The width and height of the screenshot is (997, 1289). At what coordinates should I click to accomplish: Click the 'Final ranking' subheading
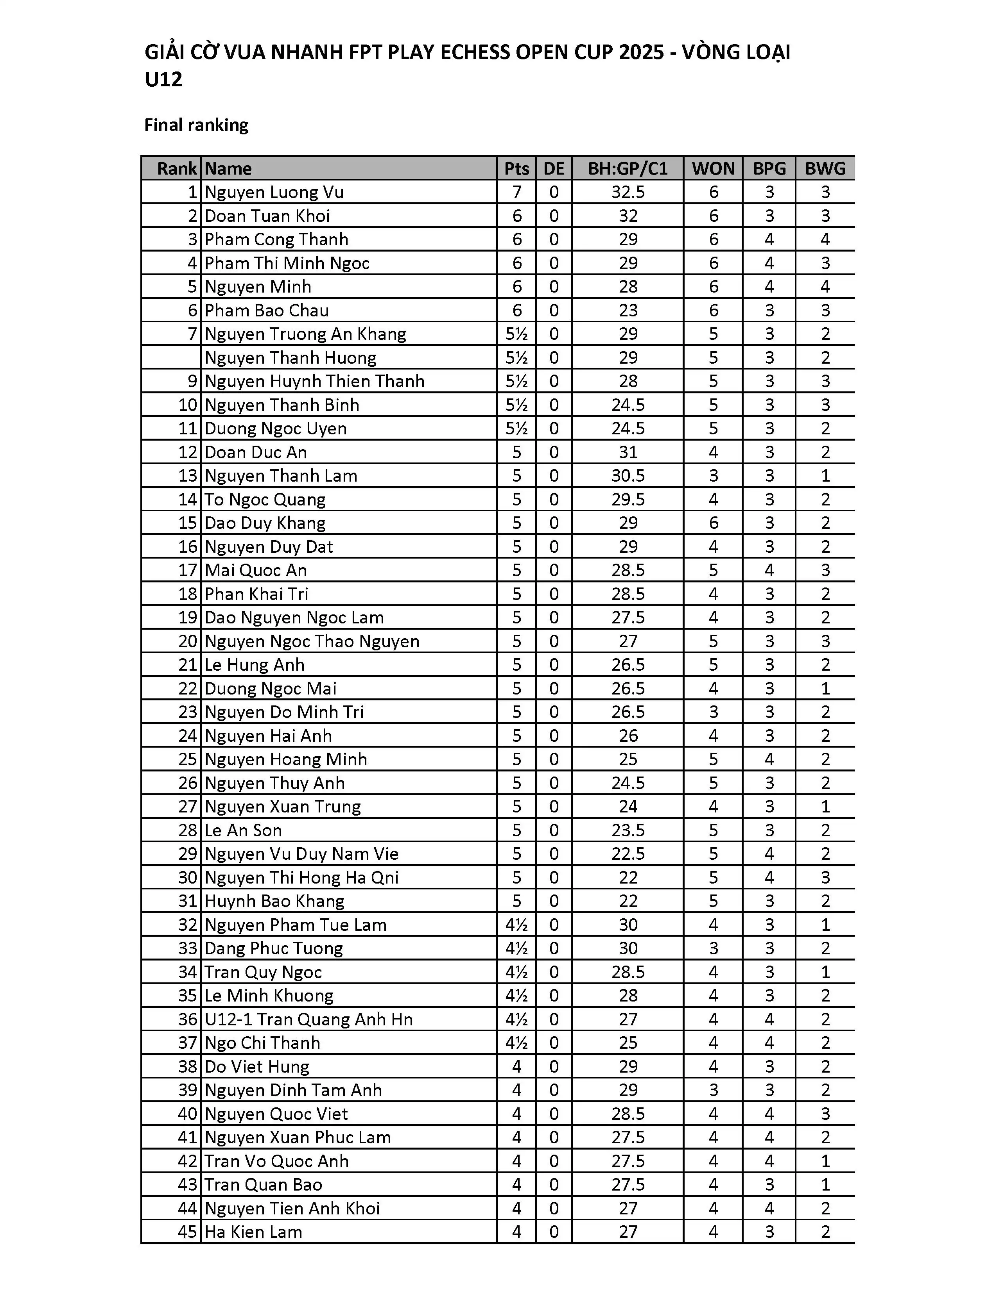point(196,125)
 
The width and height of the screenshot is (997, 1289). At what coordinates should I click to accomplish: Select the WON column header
point(713,169)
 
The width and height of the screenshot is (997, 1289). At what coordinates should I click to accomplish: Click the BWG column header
point(825,169)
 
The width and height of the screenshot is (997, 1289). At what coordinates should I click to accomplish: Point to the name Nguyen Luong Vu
point(274,193)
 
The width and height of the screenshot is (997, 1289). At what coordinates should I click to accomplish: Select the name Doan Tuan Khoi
point(267,216)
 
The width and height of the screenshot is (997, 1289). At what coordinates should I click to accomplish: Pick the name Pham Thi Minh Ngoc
point(287,263)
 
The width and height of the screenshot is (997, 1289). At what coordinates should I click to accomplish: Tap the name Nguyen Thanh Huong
point(290,358)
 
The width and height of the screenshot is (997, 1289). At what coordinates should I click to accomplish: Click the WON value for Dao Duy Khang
point(713,523)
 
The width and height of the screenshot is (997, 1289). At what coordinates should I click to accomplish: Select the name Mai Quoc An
point(256,570)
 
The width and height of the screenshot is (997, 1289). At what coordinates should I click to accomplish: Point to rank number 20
point(187,641)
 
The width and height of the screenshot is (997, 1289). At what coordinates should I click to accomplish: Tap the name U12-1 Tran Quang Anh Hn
point(308,1019)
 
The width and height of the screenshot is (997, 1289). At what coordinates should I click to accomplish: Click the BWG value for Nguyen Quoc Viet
point(825,1114)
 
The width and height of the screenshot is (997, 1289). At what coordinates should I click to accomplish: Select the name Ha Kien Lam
point(253,1232)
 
